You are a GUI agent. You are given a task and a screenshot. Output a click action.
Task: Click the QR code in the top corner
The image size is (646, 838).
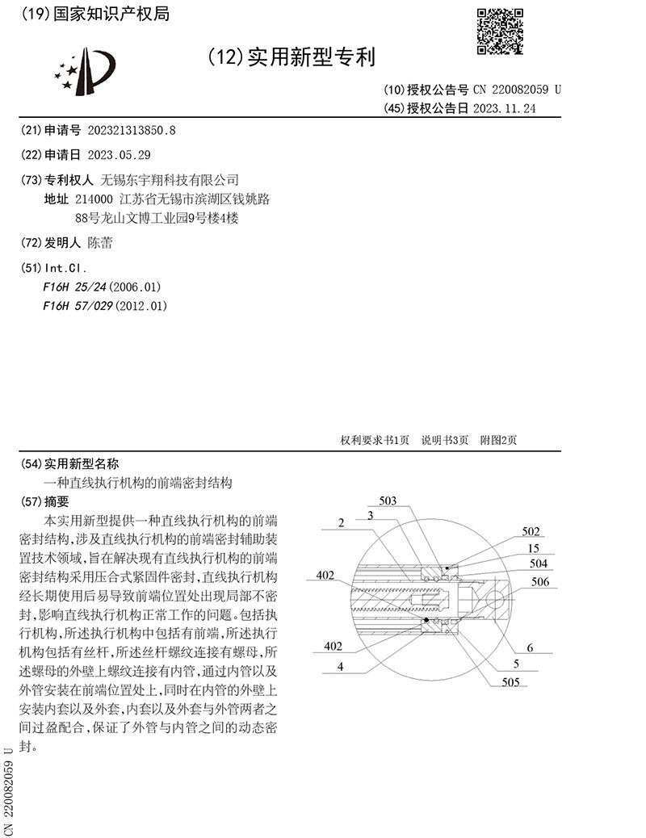point(501,31)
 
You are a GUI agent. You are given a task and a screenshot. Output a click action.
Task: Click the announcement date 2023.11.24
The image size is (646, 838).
point(505,108)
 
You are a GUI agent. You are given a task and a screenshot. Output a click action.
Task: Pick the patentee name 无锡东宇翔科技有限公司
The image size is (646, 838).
point(169,179)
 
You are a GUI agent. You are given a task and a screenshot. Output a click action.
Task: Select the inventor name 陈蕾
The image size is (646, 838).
point(100,242)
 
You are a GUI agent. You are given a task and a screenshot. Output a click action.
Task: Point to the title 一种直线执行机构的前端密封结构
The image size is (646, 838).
point(137,483)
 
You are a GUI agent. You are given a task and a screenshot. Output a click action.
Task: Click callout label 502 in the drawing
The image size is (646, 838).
point(531,532)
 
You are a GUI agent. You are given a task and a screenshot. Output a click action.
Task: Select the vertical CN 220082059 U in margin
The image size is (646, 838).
point(9,792)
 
